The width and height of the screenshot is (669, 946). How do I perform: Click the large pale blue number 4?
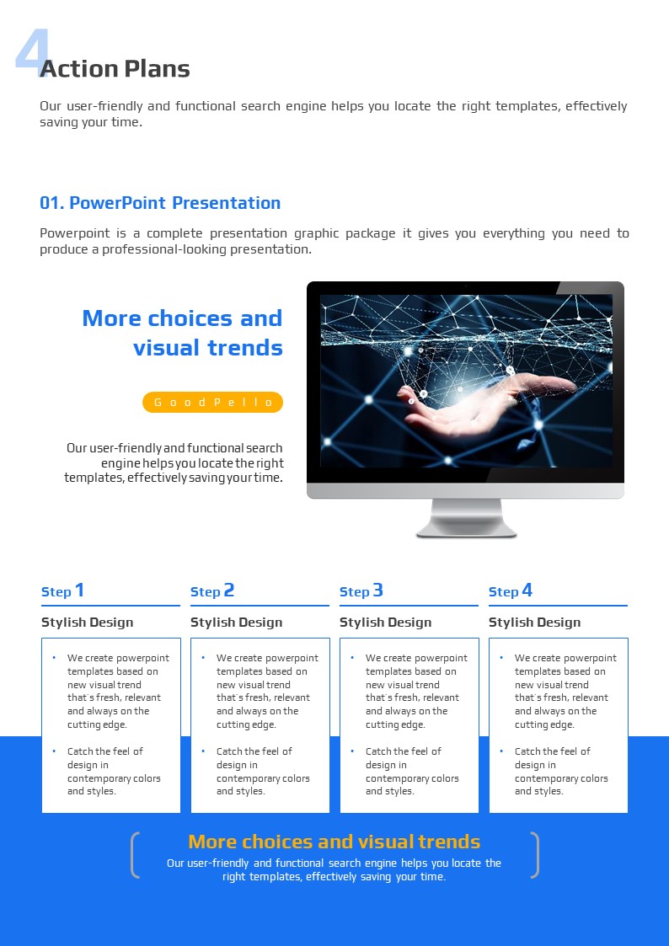coord(31,50)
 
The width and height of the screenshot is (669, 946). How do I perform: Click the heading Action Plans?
coord(115,69)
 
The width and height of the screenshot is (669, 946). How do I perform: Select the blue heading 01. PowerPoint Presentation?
coord(160,203)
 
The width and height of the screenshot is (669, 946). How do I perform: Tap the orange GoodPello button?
coord(212,403)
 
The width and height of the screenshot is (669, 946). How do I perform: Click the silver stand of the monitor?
coord(466,517)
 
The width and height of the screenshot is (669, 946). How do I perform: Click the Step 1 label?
coord(62,591)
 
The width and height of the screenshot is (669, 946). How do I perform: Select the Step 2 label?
coord(211,591)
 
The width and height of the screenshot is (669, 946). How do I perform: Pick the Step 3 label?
coord(361,591)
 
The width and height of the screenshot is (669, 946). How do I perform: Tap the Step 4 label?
coord(511,591)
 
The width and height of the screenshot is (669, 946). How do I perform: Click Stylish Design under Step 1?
coord(87,623)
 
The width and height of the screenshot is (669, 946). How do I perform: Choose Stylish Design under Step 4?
coord(534,623)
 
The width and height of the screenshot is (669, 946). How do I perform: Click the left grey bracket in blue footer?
coord(134,855)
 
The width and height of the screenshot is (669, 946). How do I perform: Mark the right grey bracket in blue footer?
coord(535,855)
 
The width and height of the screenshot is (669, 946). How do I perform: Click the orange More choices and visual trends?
coord(334,842)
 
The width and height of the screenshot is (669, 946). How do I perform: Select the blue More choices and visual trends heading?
coord(182,333)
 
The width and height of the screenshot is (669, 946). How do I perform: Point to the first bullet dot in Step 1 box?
coord(54,658)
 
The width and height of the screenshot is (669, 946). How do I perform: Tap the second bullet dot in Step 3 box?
coord(352,751)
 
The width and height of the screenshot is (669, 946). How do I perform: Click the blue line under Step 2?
coord(260,605)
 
